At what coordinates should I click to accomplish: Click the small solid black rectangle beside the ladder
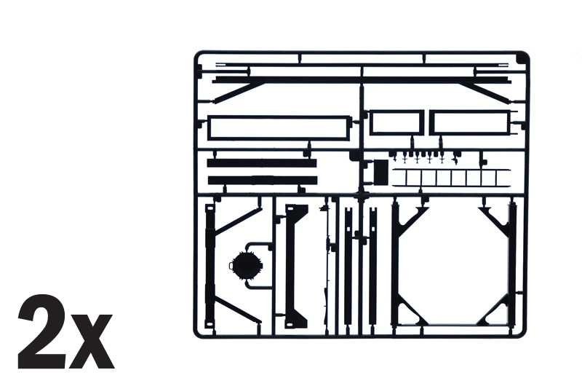coord(380,172)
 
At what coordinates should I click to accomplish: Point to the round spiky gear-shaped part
coord(246,265)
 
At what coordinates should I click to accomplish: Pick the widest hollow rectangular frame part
coord(279,128)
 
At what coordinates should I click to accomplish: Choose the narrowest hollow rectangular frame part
coord(396,122)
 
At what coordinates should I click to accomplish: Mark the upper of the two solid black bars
coord(262,162)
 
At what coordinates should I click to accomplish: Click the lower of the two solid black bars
coord(263,181)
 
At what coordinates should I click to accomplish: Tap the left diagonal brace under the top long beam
coord(238,92)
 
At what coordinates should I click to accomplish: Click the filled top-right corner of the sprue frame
coord(523,58)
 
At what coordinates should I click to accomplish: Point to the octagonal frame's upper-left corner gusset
coord(412,219)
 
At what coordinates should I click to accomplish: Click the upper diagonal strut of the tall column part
coord(238,221)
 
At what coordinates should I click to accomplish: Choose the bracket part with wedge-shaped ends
coord(296,266)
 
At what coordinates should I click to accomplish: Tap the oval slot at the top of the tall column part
coord(210,209)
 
